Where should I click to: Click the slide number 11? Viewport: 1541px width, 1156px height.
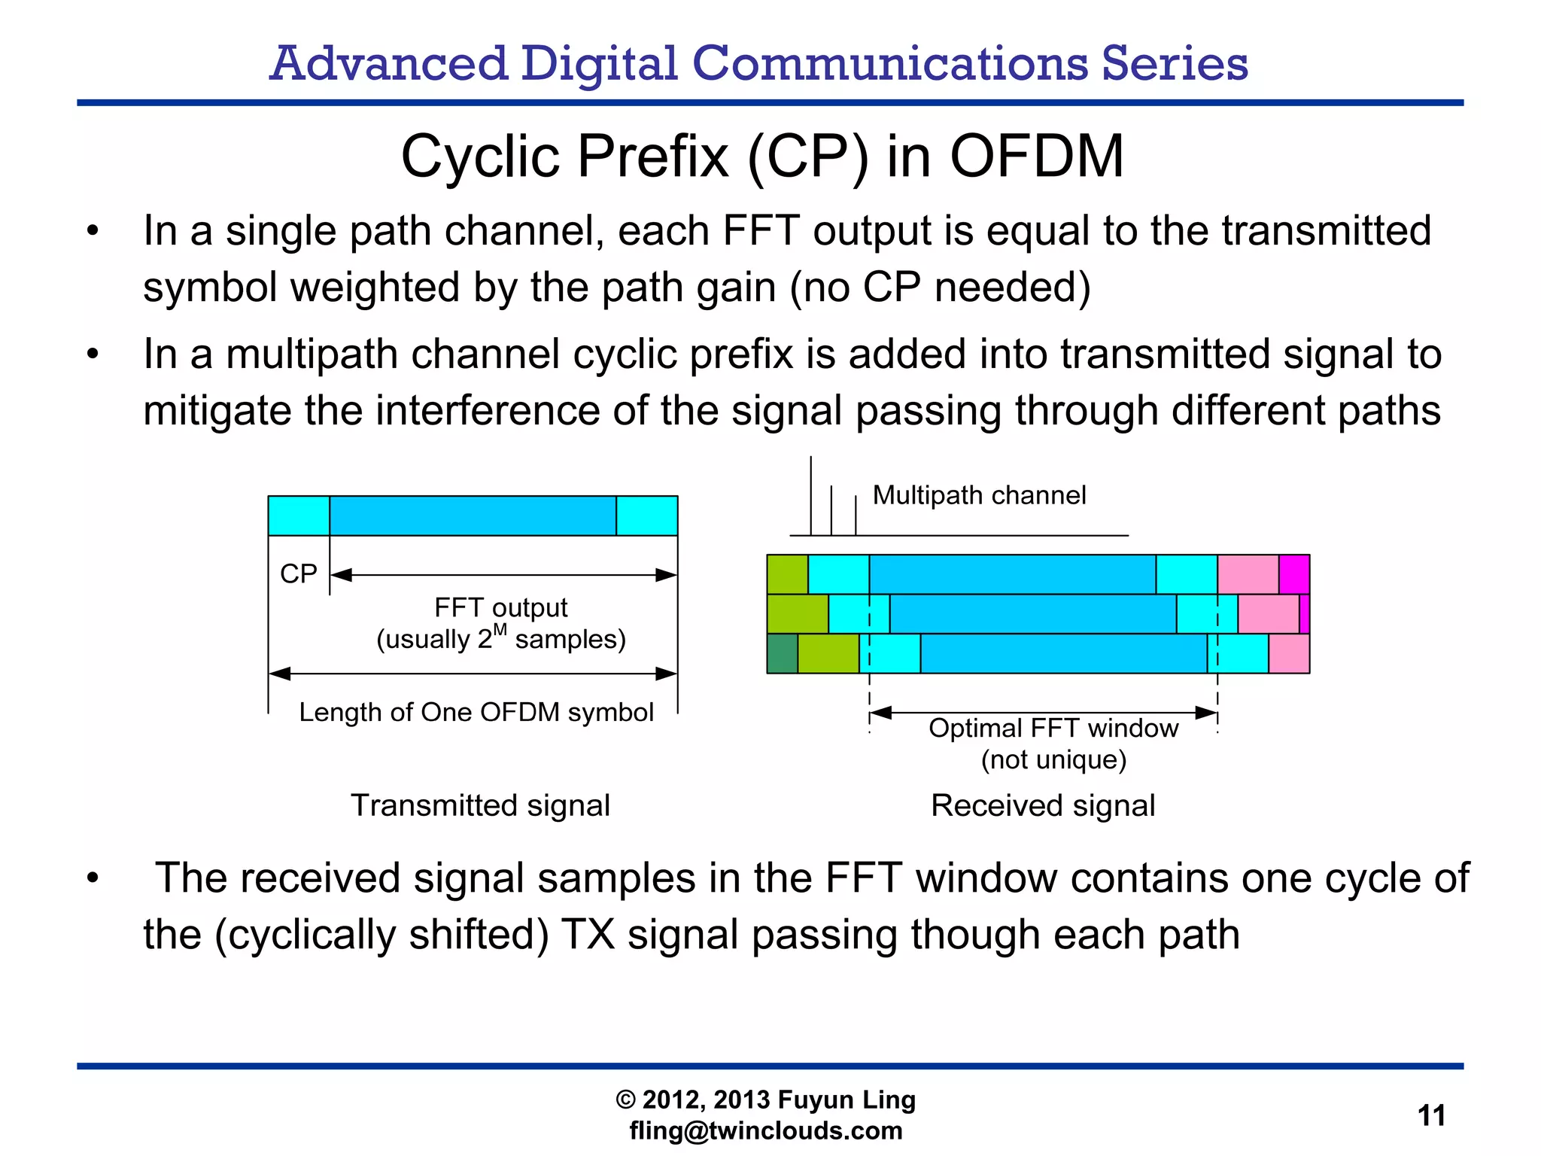click(1431, 1115)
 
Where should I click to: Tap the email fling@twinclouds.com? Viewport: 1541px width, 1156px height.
click(766, 1130)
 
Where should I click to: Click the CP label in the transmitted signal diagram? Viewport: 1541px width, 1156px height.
click(299, 573)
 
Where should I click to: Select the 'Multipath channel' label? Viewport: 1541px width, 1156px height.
click(979, 495)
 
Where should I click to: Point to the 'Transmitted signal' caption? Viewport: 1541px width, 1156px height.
click(480, 805)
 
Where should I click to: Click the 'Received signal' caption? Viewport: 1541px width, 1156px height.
click(1043, 805)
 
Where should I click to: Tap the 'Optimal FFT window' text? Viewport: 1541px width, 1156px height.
click(1053, 728)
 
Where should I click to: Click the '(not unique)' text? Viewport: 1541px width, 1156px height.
click(1053, 759)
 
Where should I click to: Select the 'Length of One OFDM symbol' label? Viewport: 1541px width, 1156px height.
click(476, 712)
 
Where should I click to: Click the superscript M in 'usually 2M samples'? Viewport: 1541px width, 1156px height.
click(500, 629)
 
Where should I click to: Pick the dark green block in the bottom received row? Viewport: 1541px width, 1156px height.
click(783, 653)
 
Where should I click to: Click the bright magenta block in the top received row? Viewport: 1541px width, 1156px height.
click(1294, 574)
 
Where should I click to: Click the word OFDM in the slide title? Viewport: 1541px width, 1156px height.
click(1036, 157)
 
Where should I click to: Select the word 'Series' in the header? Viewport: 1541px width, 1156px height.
click(1175, 63)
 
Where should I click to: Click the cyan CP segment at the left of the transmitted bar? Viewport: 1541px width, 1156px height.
click(299, 516)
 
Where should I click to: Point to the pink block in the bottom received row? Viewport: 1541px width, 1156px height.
click(1289, 653)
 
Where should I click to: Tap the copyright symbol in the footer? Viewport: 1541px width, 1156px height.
click(626, 1100)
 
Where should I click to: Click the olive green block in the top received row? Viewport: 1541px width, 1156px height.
click(787, 574)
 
